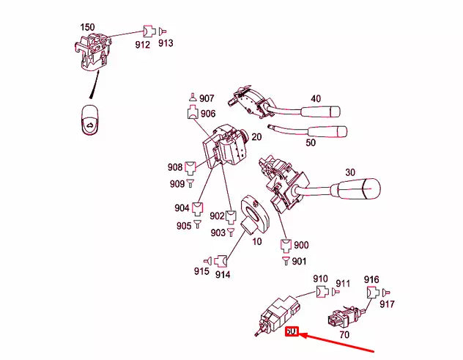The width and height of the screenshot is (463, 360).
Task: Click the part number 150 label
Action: point(87,27)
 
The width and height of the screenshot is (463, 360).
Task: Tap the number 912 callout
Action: point(142,45)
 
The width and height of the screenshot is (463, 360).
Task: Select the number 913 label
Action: point(166,44)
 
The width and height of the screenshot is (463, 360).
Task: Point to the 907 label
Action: point(207,98)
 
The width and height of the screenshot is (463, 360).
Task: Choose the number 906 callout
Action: point(208,114)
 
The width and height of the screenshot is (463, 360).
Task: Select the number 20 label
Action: point(256,137)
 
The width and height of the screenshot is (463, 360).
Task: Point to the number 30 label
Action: point(350,172)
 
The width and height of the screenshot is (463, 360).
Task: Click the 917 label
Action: point(387,304)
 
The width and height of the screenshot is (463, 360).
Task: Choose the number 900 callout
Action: point(302,244)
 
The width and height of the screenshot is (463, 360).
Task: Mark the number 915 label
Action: point(201,272)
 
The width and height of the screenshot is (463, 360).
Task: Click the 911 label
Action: point(344,284)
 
